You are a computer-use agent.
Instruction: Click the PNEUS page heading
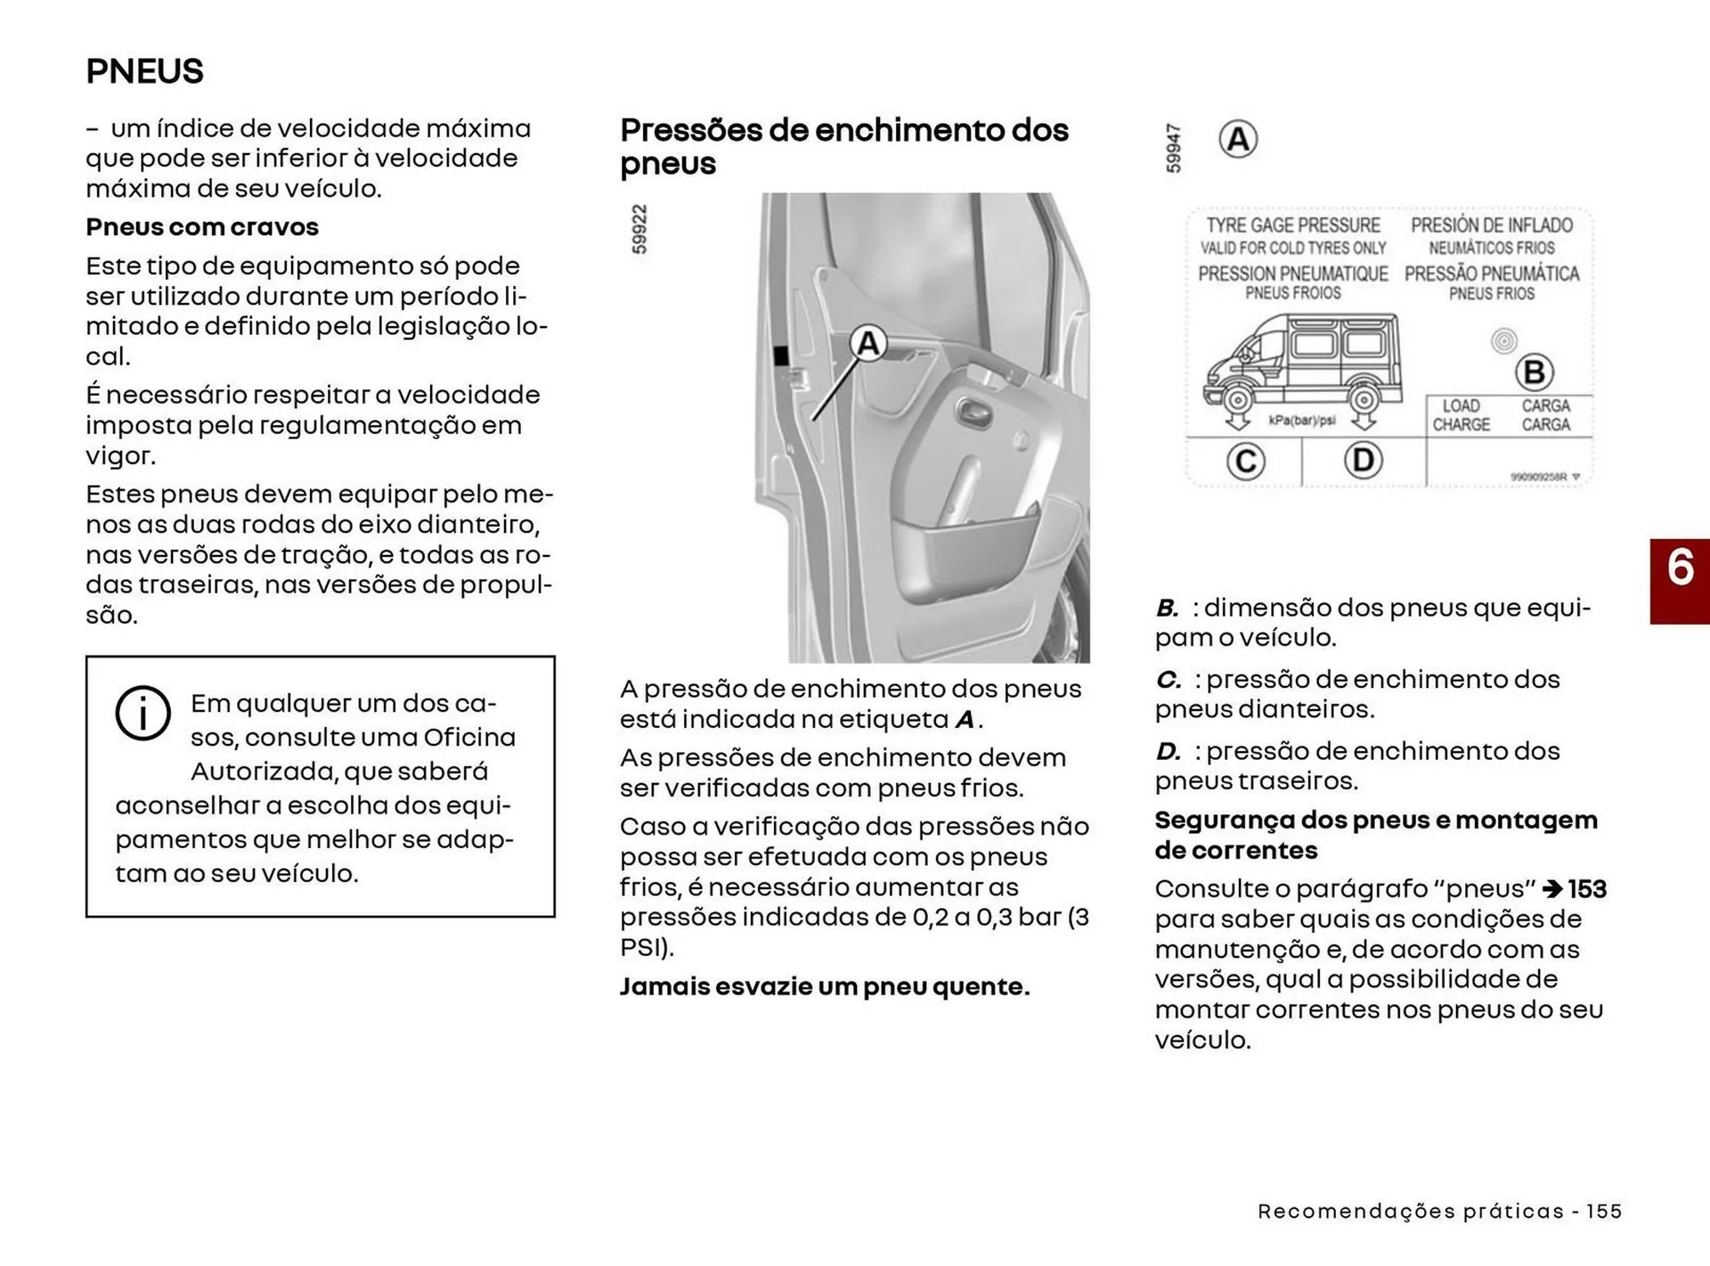144,71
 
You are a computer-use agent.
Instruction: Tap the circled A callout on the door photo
867,344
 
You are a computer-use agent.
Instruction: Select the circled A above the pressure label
1238,140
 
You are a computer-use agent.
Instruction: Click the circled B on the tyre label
1534,372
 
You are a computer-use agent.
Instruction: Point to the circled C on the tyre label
1245,461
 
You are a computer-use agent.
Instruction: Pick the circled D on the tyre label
1363,461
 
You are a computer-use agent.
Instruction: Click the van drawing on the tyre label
1302,365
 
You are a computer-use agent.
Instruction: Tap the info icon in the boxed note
142,714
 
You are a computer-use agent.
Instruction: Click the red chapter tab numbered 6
1680,580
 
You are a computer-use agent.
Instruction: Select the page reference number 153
1587,889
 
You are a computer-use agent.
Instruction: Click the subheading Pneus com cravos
202,227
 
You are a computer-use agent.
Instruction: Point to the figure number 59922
639,229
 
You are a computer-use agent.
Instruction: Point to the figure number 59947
1174,148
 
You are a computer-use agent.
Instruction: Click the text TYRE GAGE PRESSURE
1293,225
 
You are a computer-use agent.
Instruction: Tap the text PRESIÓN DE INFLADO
1492,225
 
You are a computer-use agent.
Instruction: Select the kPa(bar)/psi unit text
1301,421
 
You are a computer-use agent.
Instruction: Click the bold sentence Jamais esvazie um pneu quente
825,987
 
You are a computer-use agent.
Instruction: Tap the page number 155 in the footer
1604,1212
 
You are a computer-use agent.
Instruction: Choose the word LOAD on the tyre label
1461,406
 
